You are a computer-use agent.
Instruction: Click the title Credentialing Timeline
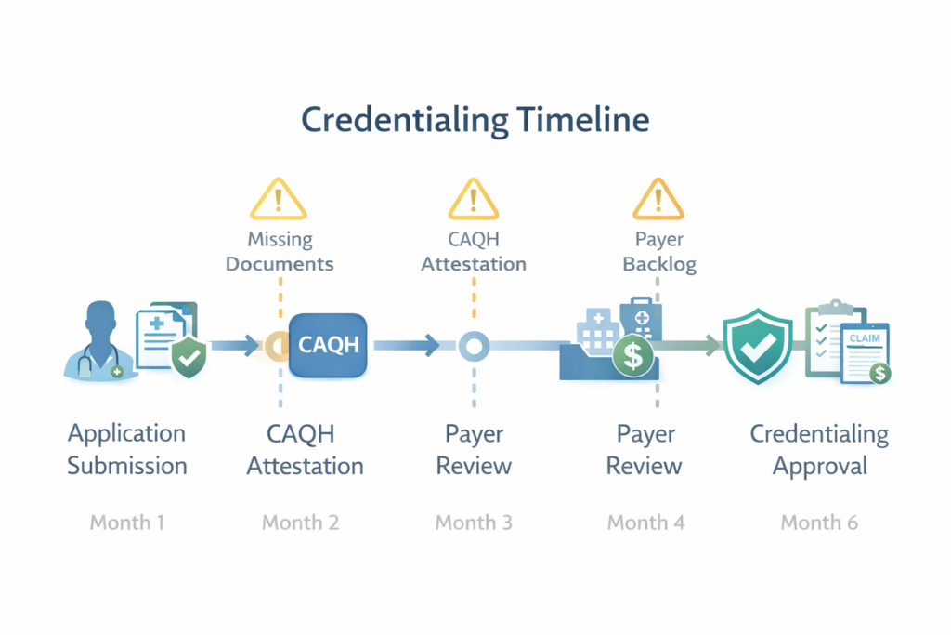pos(475,122)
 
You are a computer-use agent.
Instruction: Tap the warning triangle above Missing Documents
pos(279,200)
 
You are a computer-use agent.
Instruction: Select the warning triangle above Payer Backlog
pos(658,200)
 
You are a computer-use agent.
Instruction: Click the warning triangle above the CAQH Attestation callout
pos(474,200)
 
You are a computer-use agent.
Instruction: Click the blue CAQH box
pos(329,345)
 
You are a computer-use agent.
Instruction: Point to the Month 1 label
pos(127,523)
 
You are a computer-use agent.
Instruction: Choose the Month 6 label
pos(818,523)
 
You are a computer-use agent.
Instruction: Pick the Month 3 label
pos(474,523)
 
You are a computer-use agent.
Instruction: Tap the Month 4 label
pos(645,523)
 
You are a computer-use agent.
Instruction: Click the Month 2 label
pos(300,523)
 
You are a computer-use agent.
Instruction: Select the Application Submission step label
pos(127,449)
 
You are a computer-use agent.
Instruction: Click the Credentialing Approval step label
pos(818,449)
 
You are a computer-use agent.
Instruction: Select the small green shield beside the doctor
pos(189,357)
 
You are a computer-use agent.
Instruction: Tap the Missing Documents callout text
pos(280,251)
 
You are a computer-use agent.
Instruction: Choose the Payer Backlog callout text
pos(659,251)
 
